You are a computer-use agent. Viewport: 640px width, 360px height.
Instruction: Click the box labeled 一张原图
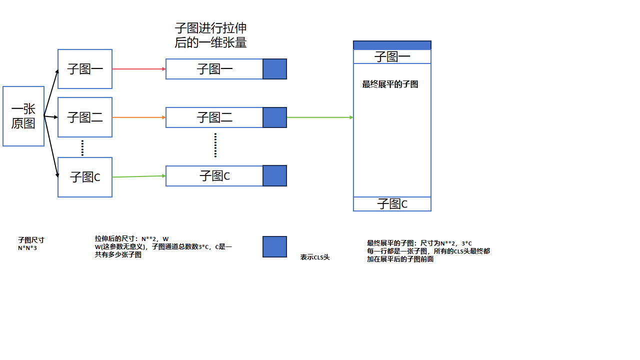tap(23, 116)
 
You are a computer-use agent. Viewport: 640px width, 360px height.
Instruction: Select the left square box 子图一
tap(85, 69)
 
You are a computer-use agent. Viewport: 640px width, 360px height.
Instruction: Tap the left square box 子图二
tap(85, 117)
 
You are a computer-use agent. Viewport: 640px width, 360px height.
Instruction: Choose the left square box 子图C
tap(85, 177)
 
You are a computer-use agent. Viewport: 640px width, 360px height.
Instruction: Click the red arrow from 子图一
tap(138, 69)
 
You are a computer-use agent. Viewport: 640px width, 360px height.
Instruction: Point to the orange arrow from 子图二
tap(138, 117)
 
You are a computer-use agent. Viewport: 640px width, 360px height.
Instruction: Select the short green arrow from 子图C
tap(138, 176)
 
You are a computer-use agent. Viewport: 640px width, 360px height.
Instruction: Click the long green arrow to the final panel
tap(320, 117)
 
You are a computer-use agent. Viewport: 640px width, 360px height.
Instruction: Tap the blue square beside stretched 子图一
tap(274, 69)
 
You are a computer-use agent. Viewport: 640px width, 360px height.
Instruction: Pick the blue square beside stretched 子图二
tap(274, 117)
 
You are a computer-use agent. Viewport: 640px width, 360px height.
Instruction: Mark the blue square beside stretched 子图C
tap(274, 176)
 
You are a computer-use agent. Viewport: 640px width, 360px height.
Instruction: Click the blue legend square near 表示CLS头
tap(274, 246)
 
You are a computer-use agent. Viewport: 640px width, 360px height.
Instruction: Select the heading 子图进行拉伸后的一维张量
tap(210, 35)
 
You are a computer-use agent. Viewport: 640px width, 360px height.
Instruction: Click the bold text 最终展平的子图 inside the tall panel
tap(390, 84)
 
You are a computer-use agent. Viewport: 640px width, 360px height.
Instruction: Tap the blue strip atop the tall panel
tap(392, 45)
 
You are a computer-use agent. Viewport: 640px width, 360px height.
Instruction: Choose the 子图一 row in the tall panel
tap(392, 57)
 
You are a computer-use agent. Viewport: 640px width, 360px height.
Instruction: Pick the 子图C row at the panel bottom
tap(392, 204)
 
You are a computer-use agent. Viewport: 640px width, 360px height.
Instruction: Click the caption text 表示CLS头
tap(315, 257)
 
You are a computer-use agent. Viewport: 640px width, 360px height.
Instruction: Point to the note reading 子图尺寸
tap(31, 240)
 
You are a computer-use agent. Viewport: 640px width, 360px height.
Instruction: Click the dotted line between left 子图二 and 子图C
tap(82, 147)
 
